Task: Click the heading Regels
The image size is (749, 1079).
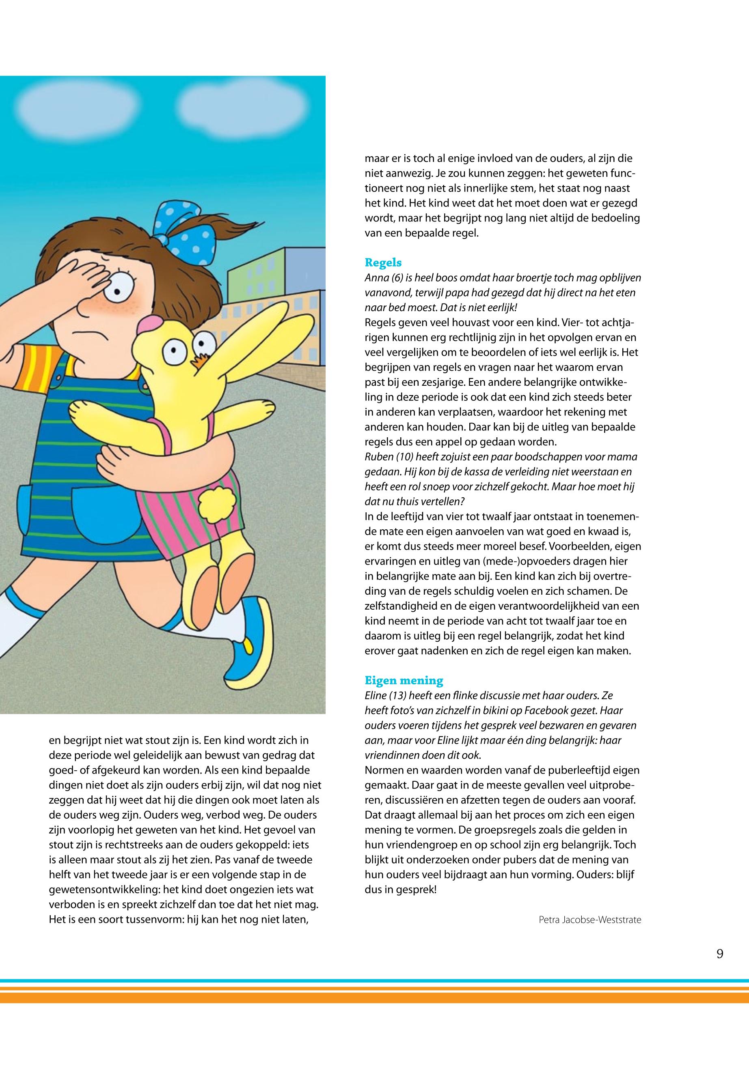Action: point(383,262)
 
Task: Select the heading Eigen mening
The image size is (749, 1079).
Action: point(404,680)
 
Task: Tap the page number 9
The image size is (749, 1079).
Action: point(720,953)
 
